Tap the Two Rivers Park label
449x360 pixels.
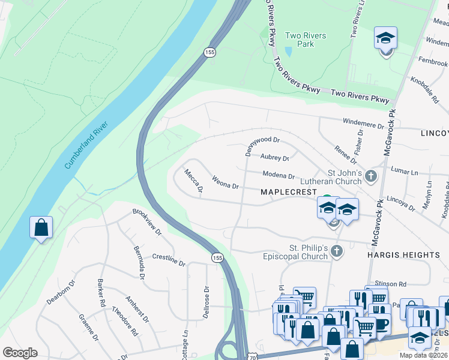[x=306, y=40]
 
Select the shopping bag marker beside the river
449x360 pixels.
[x=41, y=228]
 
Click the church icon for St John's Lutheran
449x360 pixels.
[x=371, y=176]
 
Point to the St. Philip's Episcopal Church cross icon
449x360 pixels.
[x=337, y=252]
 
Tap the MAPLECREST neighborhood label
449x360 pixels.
[x=288, y=192]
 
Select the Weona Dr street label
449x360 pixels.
[x=226, y=181]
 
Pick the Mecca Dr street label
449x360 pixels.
[x=194, y=181]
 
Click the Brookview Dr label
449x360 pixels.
[x=147, y=221]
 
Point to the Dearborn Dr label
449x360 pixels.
[x=61, y=292]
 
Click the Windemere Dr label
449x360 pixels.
[x=363, y=124]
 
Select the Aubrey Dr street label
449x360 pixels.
[x=275, y=158]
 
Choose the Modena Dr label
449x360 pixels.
[x=279, y=176]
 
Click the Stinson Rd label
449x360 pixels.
[x=390, y=283]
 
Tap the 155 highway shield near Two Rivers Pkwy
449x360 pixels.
[x=209, y=53]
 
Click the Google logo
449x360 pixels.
[x=20, y=353]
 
